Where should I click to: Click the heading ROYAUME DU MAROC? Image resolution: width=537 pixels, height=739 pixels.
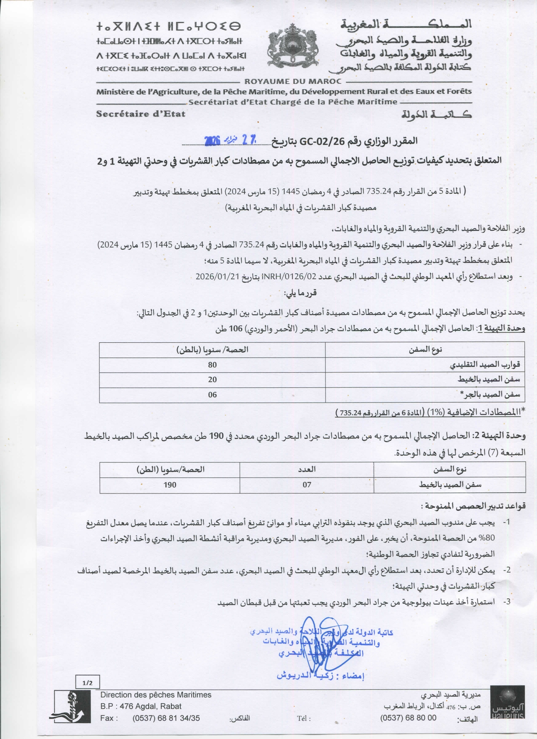[x=293, y=81]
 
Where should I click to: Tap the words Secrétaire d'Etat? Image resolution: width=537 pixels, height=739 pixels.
[x=140, y=114]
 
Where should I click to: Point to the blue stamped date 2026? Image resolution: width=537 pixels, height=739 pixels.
[x=212, y=140]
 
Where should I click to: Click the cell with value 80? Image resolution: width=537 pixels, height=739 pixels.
[x=212, y=365]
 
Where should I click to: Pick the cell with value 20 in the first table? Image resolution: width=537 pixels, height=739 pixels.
[x=212, y=379]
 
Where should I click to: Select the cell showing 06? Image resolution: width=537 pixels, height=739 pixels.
[x=212, y=395]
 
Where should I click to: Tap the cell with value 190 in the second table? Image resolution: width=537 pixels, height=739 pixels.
[x=170, y=485]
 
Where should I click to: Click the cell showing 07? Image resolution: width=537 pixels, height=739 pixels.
[x=307, y=485]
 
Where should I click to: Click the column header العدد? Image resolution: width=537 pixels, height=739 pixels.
[x=307, y=469]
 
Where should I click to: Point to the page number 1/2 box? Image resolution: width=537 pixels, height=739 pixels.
[x=88, y=683]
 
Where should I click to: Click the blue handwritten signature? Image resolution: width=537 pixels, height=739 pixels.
[x=322, y=644]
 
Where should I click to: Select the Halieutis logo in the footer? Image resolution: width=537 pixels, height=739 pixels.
[x=508, y=704]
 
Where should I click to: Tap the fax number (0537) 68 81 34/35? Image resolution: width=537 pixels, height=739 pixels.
[x=166, y=718]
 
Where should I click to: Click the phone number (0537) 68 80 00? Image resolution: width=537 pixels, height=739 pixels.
[x=408, y=718]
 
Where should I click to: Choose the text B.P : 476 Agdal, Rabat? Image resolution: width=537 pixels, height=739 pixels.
[x=141, y=706]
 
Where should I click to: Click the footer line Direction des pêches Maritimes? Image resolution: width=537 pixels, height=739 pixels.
[x=156, y=695]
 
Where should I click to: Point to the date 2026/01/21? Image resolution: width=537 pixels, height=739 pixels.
[x=217, y=276]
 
